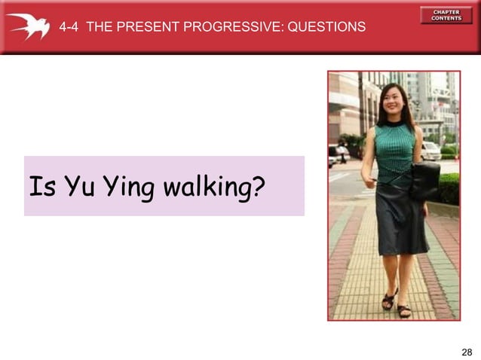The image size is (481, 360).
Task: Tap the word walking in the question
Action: [204, 186]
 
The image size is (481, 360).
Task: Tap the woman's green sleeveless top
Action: [394, 151]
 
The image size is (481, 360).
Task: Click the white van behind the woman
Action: [430, 151]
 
